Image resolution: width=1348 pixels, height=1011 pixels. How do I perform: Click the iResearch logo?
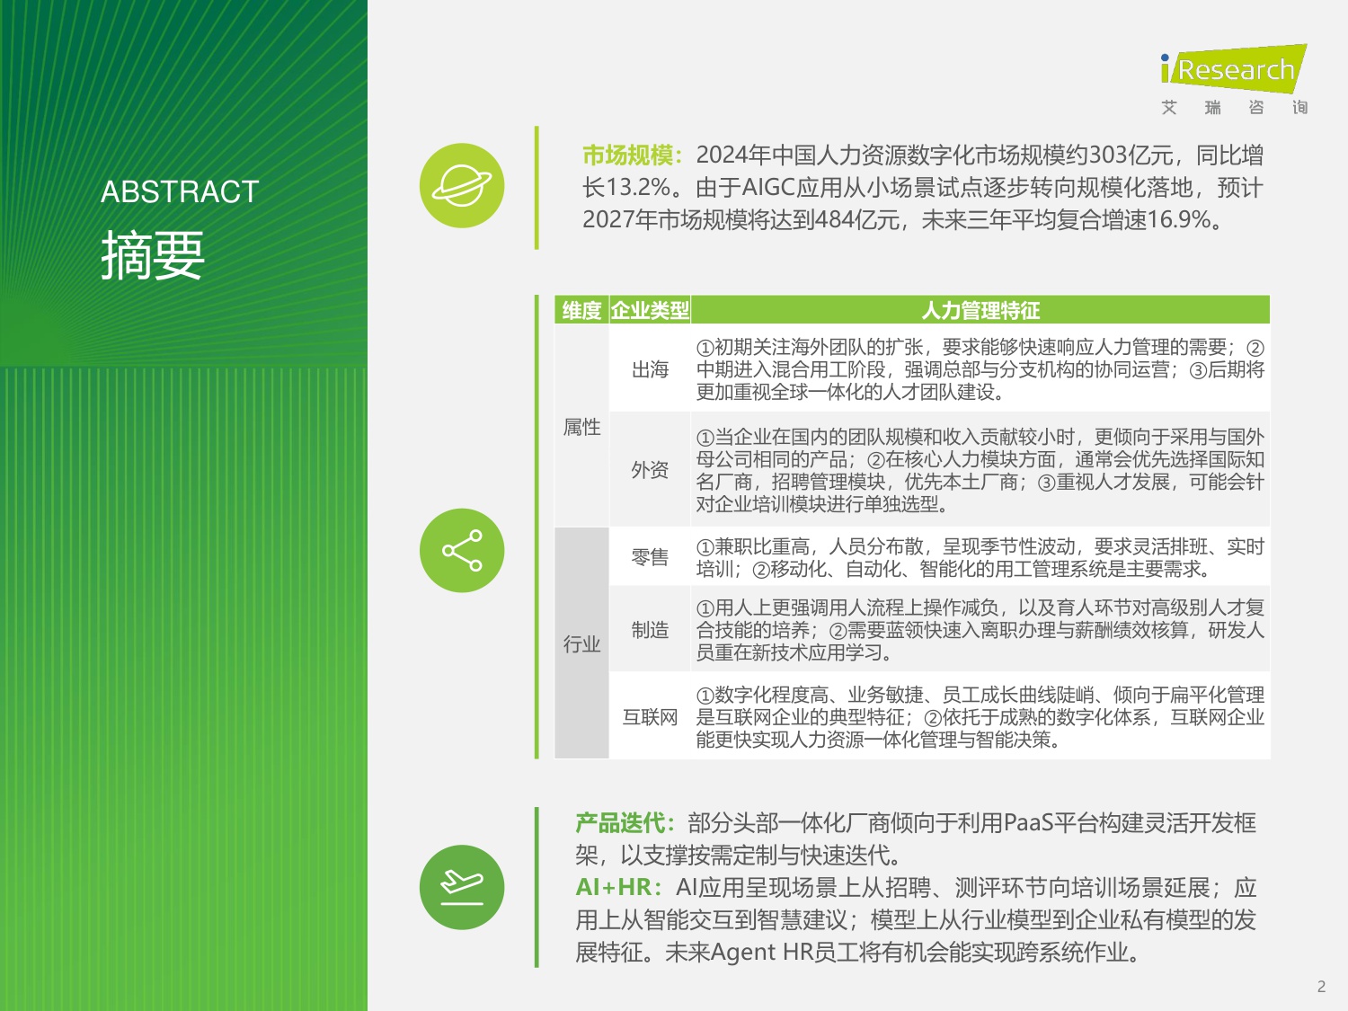(1233, 70)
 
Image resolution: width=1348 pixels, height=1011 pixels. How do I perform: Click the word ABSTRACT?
(180, 191)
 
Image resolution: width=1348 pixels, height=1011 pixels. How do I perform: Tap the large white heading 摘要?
(153, 255)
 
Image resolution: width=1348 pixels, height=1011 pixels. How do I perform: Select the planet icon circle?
(462, 186)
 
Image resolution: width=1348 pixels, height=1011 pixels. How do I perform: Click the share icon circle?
(462, 551)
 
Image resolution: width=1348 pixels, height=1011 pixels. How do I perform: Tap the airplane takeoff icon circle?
(462, 887)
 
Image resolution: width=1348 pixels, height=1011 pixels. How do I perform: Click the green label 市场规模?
(628, 155)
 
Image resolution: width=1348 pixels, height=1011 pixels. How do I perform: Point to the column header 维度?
(581, 311)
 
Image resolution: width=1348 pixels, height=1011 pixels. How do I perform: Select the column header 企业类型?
(650, 311)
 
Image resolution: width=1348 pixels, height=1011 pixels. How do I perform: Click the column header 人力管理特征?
(980, 311)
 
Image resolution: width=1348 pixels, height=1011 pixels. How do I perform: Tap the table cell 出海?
(650, 369)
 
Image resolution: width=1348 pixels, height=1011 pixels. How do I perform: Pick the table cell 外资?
(650, 470)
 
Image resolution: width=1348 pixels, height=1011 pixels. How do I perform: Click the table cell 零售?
(650, 557)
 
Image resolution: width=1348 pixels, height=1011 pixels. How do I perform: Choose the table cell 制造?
(650, 630)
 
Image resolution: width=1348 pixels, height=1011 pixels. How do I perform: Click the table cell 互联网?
(650, 717)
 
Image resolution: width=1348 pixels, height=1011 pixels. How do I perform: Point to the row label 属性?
(581, 427)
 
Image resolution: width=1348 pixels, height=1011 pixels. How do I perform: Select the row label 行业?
(581, 644)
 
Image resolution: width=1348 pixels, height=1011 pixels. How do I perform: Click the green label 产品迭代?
(621, 823)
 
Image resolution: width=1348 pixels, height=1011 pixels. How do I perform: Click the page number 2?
(1321, 987)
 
